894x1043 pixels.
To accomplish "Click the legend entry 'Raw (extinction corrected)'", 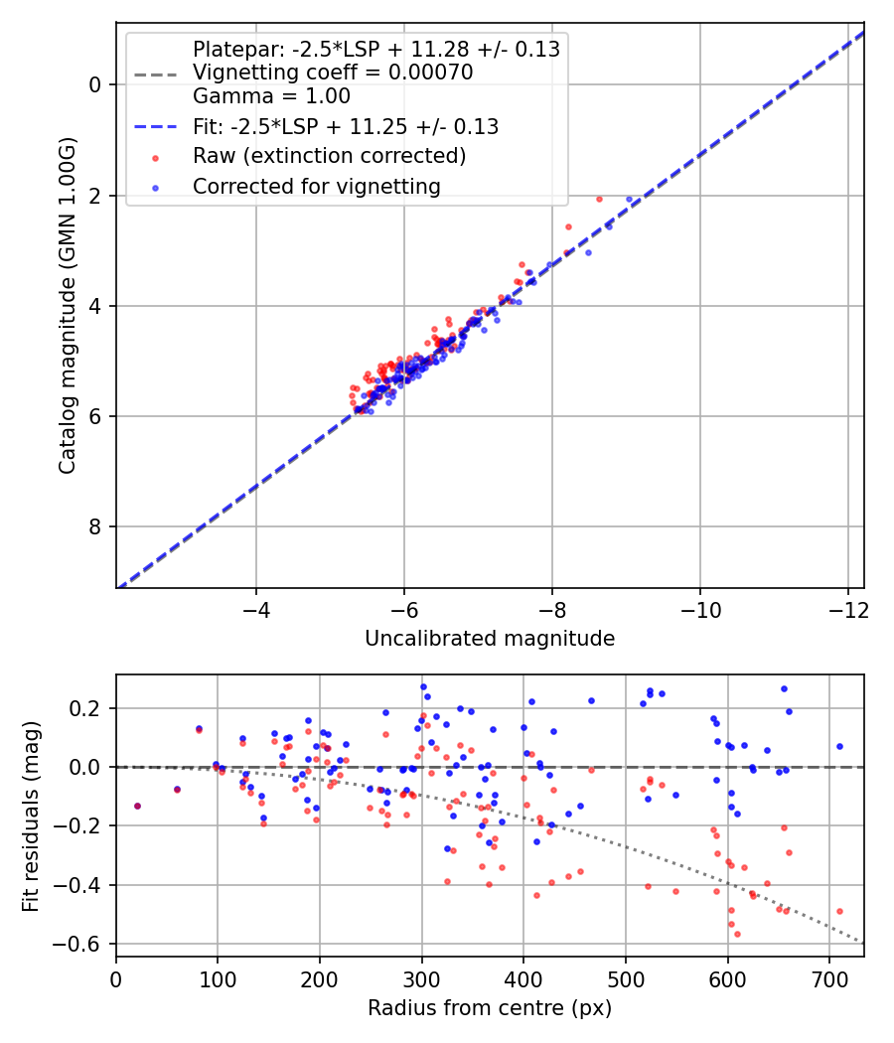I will (329, 156).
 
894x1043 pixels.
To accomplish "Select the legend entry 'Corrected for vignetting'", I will (316, 186).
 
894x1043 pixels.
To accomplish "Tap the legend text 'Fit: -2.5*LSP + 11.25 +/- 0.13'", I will (346, 127).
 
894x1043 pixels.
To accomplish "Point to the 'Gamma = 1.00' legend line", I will (271, 97).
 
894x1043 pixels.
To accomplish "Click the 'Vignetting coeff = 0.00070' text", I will (333, 73).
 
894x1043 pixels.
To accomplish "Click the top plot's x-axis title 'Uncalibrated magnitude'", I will (490, 639).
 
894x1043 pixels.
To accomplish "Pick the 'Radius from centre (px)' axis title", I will (490, 1008).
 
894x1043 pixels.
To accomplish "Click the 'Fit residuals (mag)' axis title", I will (32, 815).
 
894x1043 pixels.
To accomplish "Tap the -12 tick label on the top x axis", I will (847, 609).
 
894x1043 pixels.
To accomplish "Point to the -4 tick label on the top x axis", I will (256, 609).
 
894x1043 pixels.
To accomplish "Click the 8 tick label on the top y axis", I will (95, 526).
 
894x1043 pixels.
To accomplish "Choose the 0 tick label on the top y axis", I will (95, 85).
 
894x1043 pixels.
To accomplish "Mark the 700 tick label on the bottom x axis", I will (728, 978).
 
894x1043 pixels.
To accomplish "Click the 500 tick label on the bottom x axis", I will (625, 978).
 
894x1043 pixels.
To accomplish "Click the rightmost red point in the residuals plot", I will (839, 911).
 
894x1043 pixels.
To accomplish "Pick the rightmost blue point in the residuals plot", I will (839, 746).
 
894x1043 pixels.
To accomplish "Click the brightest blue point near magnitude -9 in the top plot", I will (629, 199).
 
